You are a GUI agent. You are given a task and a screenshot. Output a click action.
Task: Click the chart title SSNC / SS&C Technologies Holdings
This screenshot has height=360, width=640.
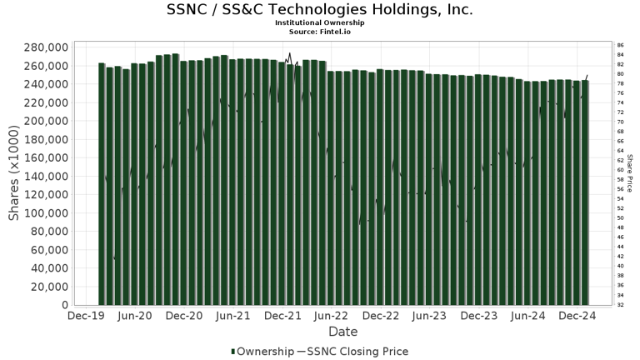(320, 10)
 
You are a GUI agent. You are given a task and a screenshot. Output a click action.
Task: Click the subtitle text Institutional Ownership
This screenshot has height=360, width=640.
(320, 22)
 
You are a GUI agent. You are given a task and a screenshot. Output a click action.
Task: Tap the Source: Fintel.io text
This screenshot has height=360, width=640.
(320, 31)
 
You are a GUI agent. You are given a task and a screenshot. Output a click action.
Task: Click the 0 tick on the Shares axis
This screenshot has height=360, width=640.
(63, 305)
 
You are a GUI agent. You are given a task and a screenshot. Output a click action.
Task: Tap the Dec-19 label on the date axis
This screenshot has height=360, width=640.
(86, 317)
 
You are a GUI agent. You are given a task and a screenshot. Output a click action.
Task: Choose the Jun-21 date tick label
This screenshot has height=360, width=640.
(233, 317)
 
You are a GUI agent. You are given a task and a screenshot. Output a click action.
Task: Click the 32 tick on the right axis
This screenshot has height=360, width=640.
(620, 304)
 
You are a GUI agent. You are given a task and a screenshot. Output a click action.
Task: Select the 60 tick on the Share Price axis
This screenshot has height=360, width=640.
(620, 170)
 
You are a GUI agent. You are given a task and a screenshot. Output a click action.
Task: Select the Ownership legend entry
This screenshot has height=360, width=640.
(262, 352)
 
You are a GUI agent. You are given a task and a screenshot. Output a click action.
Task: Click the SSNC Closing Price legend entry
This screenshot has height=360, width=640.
(357, 352)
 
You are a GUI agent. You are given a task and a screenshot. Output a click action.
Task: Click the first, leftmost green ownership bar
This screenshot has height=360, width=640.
(102, 183)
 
